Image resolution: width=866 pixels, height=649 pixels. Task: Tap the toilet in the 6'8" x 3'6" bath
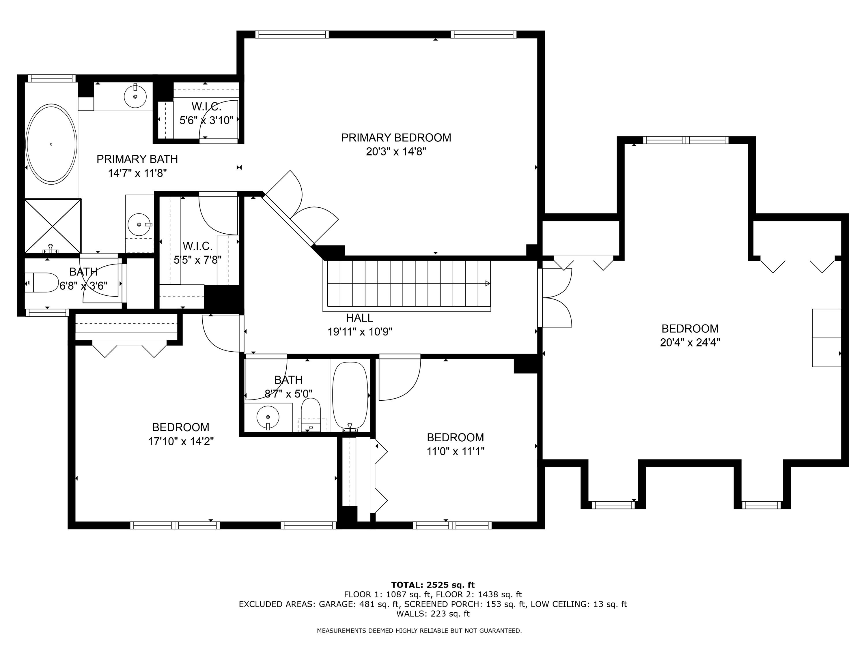[41, 282]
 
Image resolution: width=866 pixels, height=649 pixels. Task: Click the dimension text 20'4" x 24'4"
[690, 343]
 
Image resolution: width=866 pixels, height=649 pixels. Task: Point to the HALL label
[359, 318]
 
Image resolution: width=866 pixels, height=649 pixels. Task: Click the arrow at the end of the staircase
[488, 284]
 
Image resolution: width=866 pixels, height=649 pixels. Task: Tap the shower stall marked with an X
[53, 226]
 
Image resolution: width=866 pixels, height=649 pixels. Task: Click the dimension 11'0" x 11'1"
[455, 451]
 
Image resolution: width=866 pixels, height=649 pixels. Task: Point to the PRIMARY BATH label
[137, 159]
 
